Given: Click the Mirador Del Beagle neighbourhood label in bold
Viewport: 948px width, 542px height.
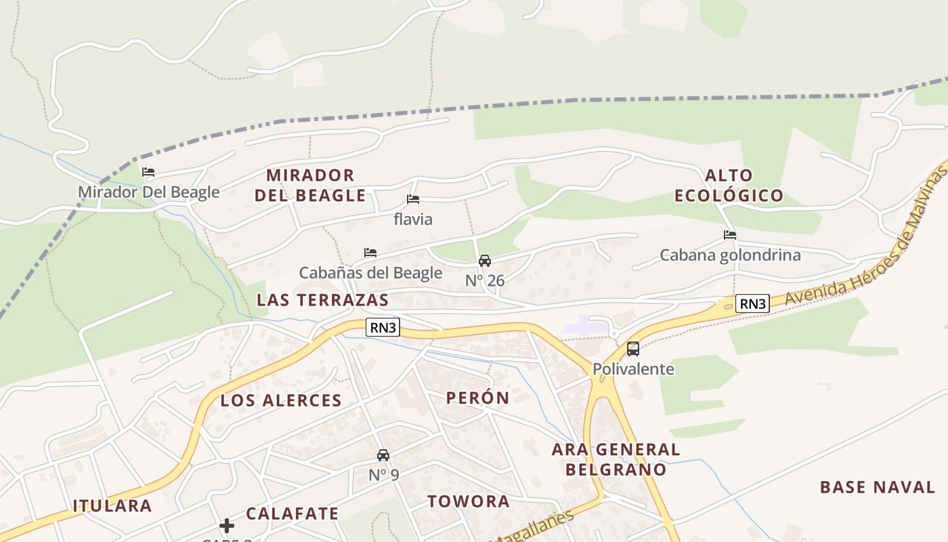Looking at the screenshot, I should [x=310, y=186].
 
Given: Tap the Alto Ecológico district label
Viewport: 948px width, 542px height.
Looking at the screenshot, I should [x=729, y=186].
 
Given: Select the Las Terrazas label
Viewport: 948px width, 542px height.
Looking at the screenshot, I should [x=323, y=300].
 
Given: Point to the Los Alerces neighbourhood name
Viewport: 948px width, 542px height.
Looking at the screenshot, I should [x=281, y=400].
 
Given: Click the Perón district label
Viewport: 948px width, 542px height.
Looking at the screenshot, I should [x=477, y=398].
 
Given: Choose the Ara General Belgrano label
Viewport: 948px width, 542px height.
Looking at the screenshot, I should [x=616, y=459].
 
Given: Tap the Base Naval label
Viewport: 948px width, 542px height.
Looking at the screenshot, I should [x=877, y=487].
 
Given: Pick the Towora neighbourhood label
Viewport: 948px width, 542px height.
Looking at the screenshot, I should [x=469, y=501].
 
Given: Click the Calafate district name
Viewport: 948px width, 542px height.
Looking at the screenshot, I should [x=292, y=514].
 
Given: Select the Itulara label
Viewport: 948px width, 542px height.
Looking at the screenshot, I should [x=112, y=505].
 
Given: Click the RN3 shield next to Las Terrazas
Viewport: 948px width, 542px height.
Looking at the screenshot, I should [x=383, y=328].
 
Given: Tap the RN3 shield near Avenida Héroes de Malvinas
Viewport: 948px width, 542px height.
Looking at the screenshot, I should [x=752, y=304].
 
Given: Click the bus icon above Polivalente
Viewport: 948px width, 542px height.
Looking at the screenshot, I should [x=633, y=349].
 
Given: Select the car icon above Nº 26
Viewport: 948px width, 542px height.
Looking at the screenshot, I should [x=485, y=261].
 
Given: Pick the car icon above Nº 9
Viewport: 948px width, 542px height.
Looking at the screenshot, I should [x=383, y=455].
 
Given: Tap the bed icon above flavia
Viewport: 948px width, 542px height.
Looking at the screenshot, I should [x=413, y=199].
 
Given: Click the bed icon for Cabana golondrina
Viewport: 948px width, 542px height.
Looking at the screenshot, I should [x=730, y=235].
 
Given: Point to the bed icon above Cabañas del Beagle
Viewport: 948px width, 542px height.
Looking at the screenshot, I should [x=370, y=253].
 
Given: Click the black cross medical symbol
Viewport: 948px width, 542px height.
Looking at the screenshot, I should [x=227, y=526].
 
